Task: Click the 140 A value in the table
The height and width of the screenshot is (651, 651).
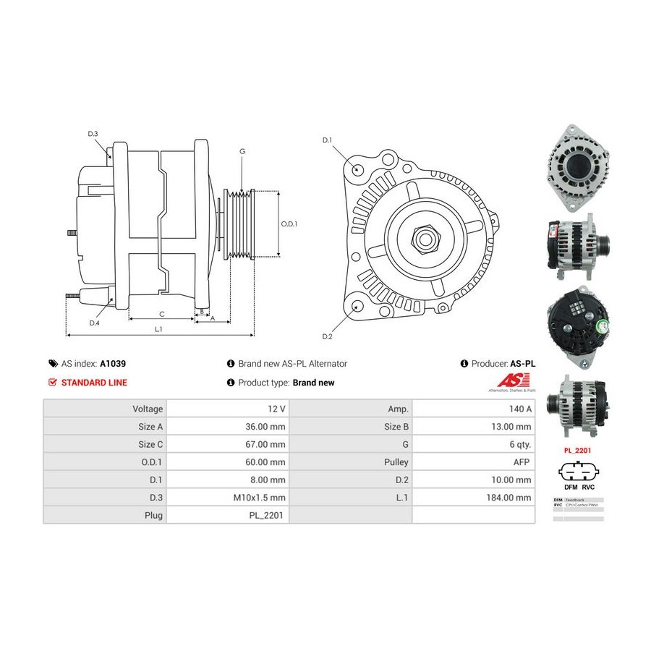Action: click(521, 409)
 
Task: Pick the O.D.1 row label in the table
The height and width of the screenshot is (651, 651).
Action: click(150, 461)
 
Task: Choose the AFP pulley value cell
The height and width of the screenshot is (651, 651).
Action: click(522, 461)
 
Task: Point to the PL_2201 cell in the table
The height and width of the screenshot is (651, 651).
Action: click(269, 516)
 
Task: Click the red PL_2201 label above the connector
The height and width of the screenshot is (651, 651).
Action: click(578, 449)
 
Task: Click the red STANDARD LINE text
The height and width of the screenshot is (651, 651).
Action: click(94, 383)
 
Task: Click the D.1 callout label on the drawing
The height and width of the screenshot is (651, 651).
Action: click(327, 140)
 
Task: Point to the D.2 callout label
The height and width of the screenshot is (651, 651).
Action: click(327, 336)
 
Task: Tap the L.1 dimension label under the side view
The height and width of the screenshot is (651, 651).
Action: click(158, 329)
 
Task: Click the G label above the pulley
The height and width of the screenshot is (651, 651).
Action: click(242, 151)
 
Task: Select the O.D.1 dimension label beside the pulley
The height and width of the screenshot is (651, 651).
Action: click(289, 224)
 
